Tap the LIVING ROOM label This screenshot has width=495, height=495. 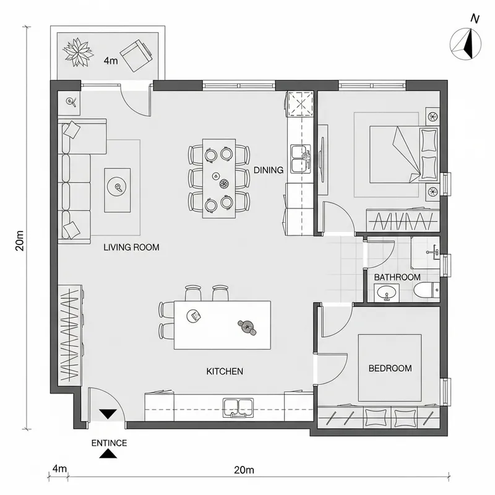pyautogui.click(x=131, y=247)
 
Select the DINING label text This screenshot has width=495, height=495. pyautogui.click(x=268, y=170)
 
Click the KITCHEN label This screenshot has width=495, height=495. pyautogui.click(x=224, y=372)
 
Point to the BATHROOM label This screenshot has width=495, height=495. pyautogui.click(x=397, y=278)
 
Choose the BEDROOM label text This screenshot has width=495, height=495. pyautogui.click(x=390, y=368)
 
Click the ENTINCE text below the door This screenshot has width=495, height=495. pyautogui.click(x=109, y=443)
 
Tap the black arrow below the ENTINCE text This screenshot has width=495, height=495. pyautogui.click(x=109, y=455)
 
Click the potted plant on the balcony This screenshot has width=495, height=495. pyautogui.click(x=79, y=52)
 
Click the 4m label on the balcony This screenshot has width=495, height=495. pyautogui.click(x=111, y=61)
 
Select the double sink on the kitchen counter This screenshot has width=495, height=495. pyautogui.click(x=239, y=407)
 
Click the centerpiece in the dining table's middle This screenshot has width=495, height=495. pyautogui.click(x=224, y=184)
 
